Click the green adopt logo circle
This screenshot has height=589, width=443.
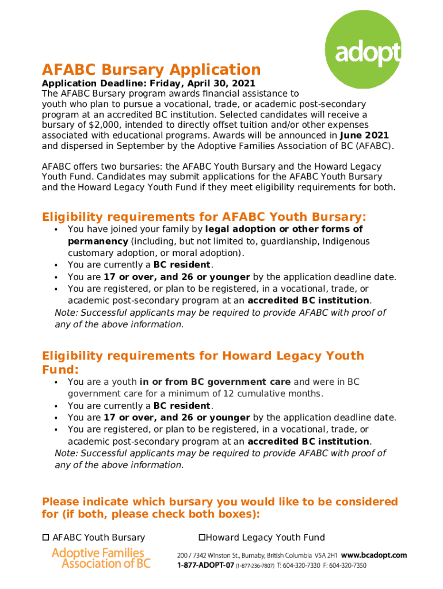[363, 51]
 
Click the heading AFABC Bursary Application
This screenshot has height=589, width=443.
[151, 70]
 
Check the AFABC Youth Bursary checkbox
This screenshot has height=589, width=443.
[45, 537]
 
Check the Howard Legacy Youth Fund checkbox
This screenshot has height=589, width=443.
[203, 537]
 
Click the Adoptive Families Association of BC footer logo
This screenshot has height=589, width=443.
[101, 558]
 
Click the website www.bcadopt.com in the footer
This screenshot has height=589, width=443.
[374, 556]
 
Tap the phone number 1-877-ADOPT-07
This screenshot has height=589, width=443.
[205, 566]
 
